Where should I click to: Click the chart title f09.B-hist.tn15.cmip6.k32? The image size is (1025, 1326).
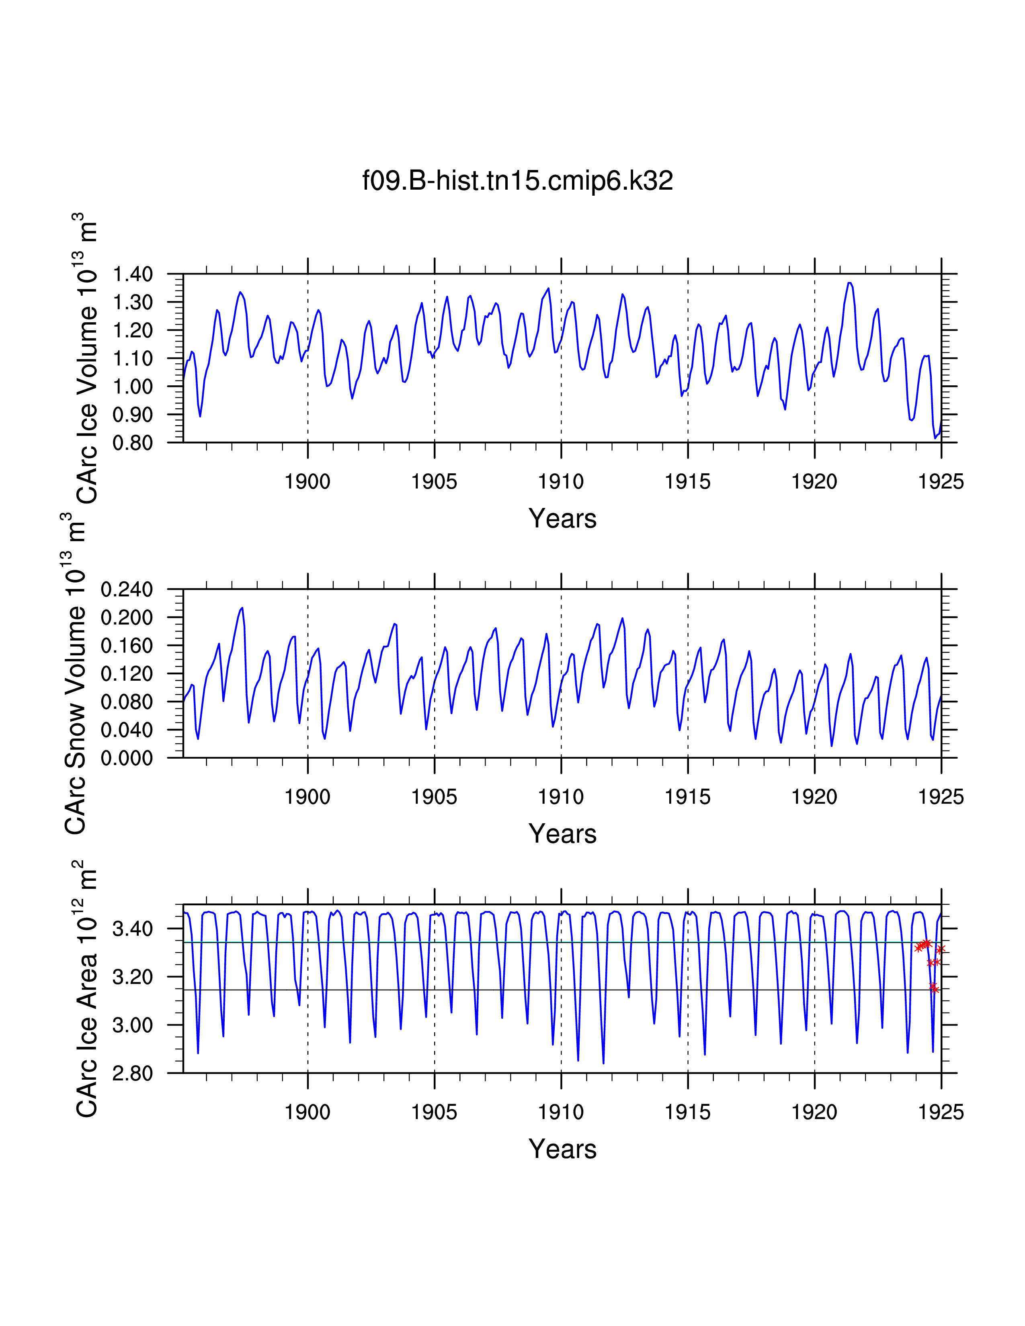[x=517, y=181]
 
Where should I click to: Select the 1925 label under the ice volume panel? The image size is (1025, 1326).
[x=941, y=482]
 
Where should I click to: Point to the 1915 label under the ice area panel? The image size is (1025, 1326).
[x=687, y=1112]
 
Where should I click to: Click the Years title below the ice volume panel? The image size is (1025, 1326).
[x=562, y=519]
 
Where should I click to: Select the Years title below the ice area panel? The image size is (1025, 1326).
[x=562, y=1149]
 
